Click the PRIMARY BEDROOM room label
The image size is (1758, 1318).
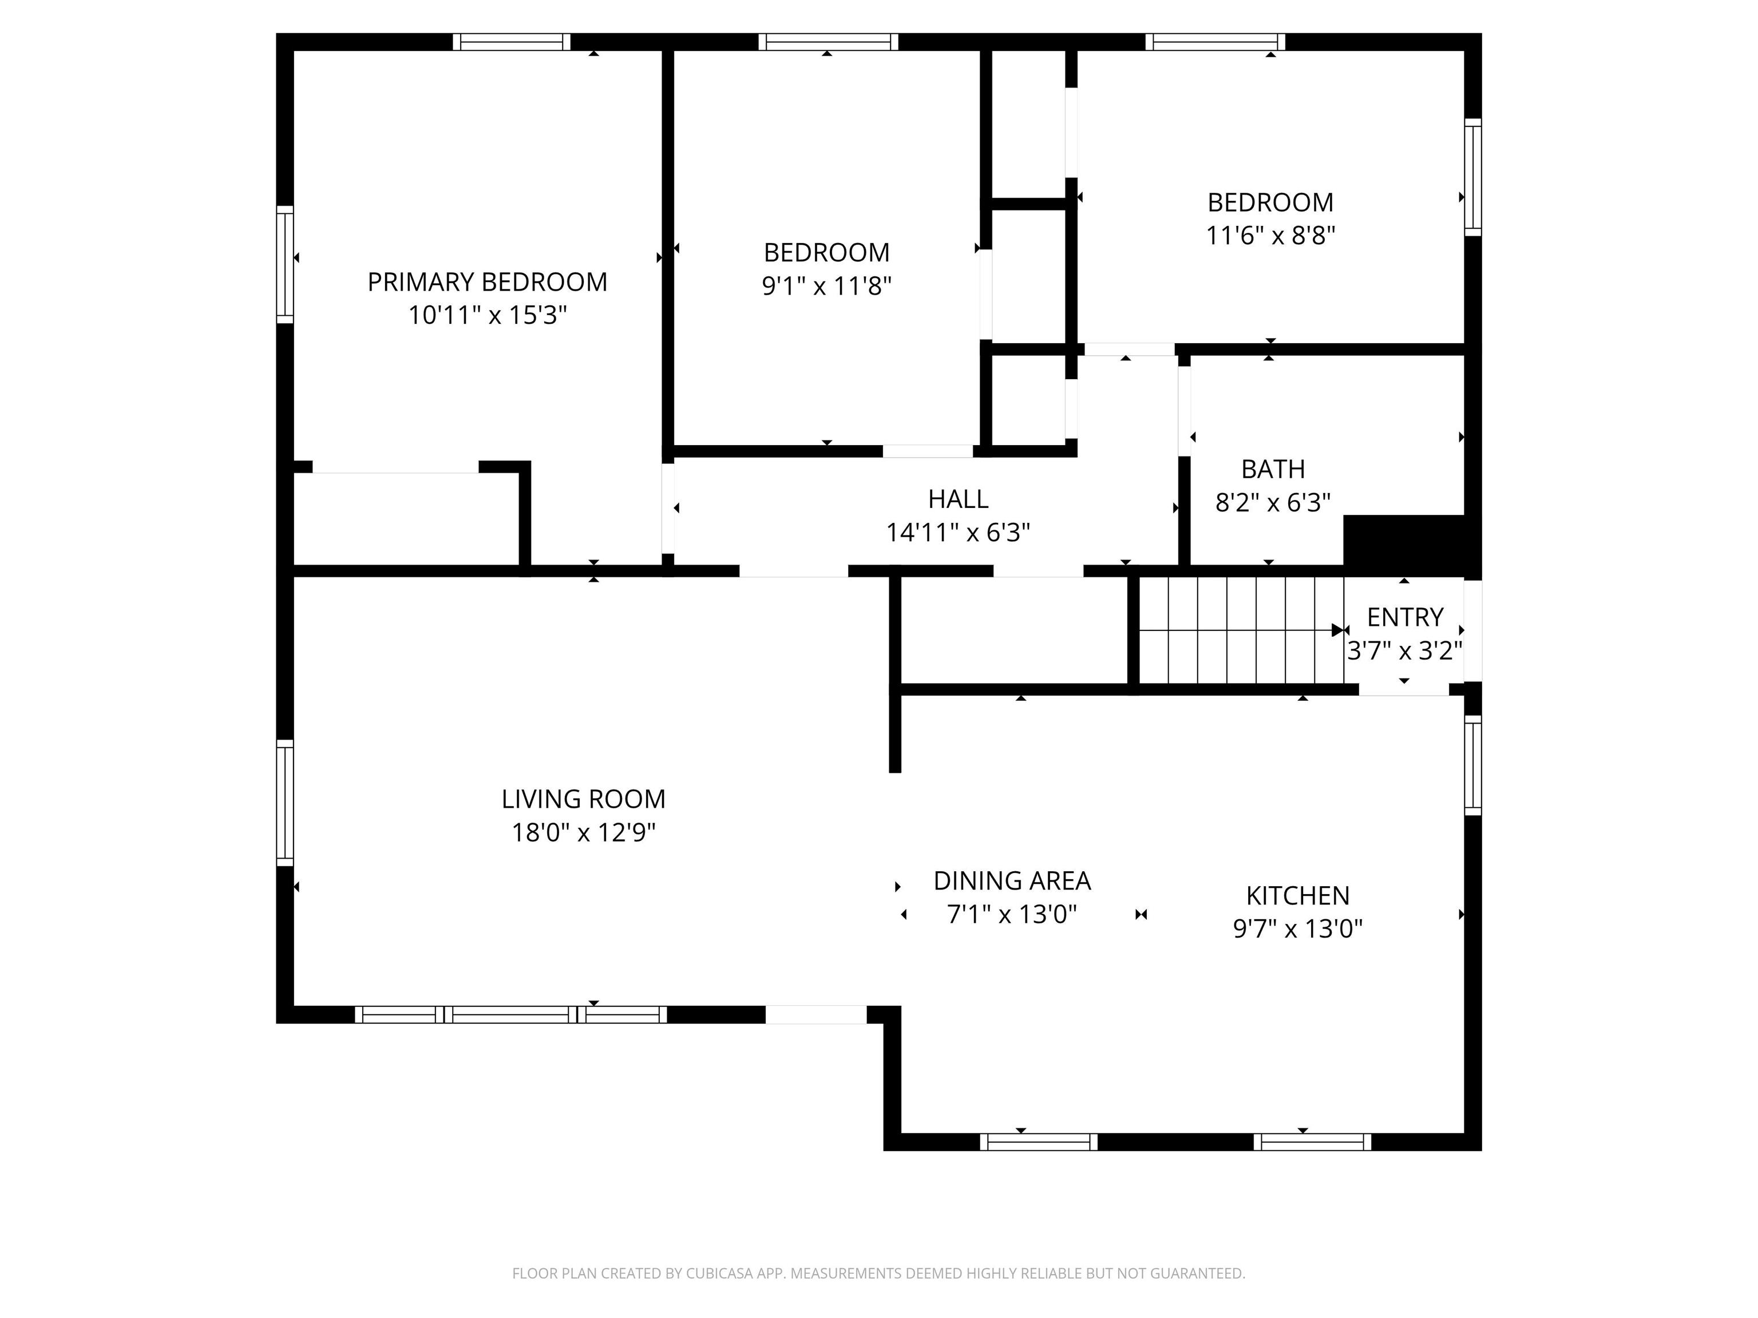click(x=487, y=282)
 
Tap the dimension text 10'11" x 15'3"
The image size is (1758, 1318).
click(x=487, y=315)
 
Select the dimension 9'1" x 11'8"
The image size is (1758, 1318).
click(x=826, y=286)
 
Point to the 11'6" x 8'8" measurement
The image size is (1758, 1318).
click(x=1270, y=236)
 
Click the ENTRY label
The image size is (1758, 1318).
click(x=1405, y=617)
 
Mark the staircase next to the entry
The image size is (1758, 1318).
click(x=1241, y=630)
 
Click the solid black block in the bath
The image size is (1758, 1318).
click(x=1404, y=545)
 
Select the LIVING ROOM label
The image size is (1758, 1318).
click(x=583, y=799)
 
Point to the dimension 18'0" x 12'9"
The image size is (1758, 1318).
click(x=583, y=832)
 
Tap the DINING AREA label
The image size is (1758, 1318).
click(x=1012, y=881)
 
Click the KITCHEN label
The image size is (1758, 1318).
click(x=1298, y=896)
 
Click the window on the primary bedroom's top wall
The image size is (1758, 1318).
click(x=512, y=42)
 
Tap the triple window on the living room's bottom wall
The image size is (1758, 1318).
click(x=510, y=1014)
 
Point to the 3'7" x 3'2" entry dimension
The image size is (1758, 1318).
click(x=1405, y=652)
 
